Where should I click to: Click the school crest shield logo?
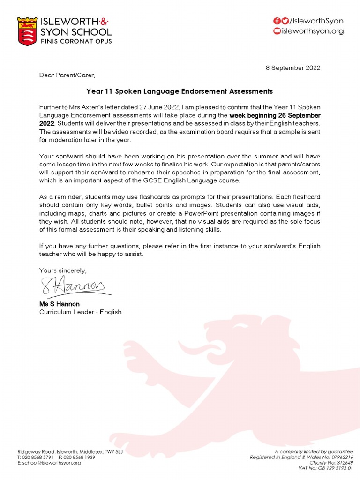[x=27, y=31]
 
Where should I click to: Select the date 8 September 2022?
[x=293, y=67]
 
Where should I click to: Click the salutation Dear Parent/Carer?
[x=67, y=75]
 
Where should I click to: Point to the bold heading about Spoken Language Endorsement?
[x=180, y=91]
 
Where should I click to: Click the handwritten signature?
[x=73, y=285]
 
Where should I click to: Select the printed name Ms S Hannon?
[x=60, y=304]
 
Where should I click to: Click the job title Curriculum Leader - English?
[x=80, y=312]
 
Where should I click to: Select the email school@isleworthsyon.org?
[x=52, y=463]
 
